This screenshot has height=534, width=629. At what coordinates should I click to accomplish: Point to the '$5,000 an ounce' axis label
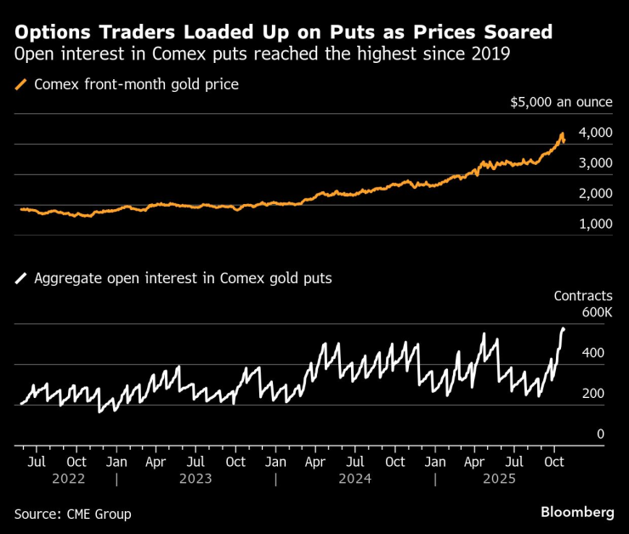561,102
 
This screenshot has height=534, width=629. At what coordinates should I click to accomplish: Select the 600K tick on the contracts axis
597,313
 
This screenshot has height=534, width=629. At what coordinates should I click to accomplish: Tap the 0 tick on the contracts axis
600,435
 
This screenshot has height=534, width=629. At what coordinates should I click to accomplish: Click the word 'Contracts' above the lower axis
583,296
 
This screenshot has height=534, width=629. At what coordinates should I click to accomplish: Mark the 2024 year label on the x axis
355,479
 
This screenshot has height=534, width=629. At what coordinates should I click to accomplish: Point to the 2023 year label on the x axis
195,479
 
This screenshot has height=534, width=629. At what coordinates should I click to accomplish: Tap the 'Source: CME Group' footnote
72,514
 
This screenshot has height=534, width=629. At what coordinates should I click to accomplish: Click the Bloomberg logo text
577,513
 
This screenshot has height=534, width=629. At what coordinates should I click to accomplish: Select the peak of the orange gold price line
562,133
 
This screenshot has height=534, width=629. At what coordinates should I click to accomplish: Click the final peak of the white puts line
563,328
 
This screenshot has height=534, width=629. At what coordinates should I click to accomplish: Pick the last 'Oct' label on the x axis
554,462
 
